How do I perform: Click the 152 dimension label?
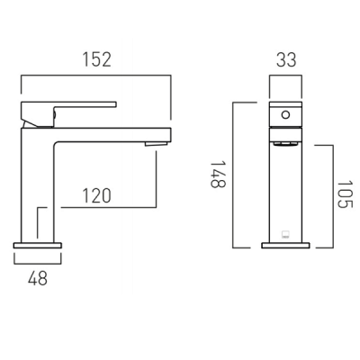(x=97, y=59)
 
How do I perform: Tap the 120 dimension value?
(x=96, y=195)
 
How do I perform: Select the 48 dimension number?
(x=38, y=278)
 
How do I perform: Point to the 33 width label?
(x=286, y=59)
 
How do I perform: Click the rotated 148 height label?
(x=218, y=175)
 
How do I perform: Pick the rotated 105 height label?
(x=345, y=194)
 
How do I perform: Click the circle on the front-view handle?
(x=285, y=115)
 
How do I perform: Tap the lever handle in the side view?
(x=68, y=114)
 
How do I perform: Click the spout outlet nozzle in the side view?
(x=156, y=144)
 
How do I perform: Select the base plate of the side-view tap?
(x=38, y=246)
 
